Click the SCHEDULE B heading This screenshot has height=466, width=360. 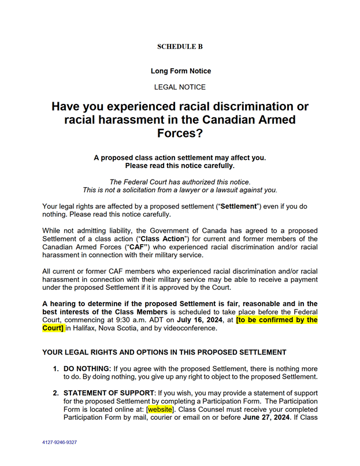tap(180, 47)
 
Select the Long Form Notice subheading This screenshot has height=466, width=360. tap(180, 71)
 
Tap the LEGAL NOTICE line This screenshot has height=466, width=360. tap(180, 87)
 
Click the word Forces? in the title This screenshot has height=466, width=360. tap(180, 134)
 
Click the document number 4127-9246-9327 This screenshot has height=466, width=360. tap(60, 442)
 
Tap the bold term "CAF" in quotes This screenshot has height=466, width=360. tap(147, 247)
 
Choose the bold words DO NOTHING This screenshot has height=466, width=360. tap(87, 368)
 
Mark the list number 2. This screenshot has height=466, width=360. tap(55, 393)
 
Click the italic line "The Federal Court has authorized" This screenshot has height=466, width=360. tap(180, 182)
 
